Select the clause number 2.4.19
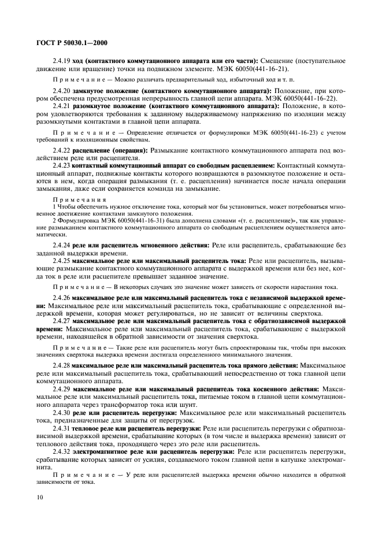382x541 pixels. (x=61, y=61)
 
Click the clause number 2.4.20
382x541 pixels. (x=61, y=91)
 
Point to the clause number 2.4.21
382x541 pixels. (x=61, y=106)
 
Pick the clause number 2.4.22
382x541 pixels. (x=61, y=150)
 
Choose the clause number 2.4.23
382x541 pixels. (x=61, y=165)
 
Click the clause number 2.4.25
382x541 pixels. (x=61, y=261)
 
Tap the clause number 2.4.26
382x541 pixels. (x=61, y=297)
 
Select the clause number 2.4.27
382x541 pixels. (x=61, y=320)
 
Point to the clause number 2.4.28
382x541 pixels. (x=61, y=365)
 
